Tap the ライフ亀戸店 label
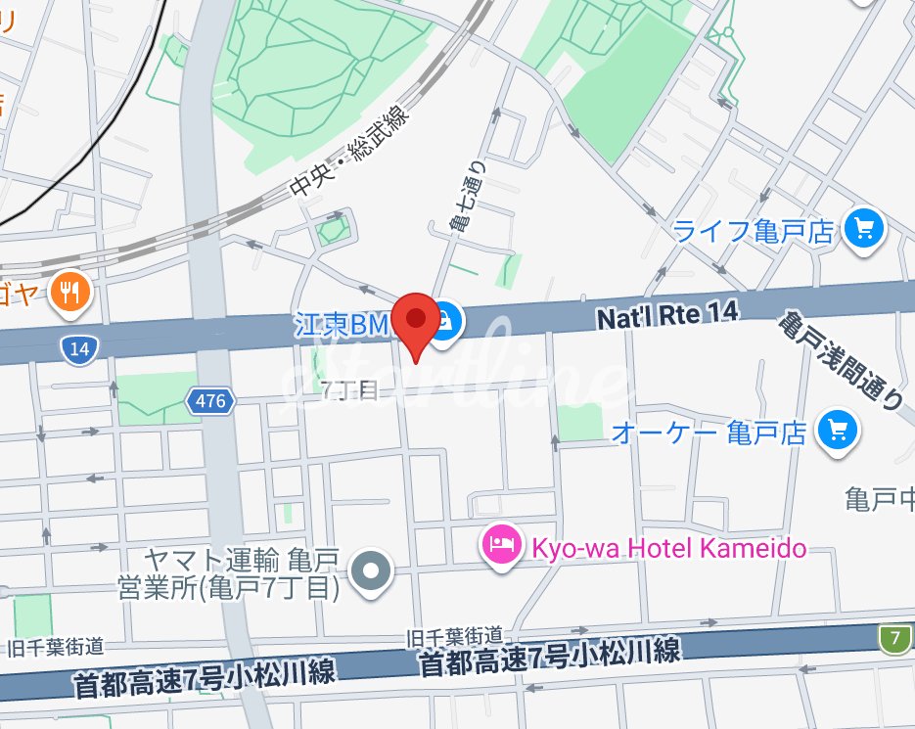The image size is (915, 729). pos(754,231)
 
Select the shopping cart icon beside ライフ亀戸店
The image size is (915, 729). pos(864,230)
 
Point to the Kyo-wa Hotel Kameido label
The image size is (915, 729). pos(669,547)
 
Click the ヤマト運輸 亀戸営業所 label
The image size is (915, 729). pos(241,574)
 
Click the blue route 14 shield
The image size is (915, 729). pos(78,348)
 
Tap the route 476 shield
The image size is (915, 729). pos(209,400)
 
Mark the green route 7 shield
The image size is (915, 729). pos(893,639)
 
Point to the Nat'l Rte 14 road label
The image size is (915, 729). pos(665,314)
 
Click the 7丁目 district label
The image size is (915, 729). pos(348,389)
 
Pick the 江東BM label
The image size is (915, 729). pos(343,324)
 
